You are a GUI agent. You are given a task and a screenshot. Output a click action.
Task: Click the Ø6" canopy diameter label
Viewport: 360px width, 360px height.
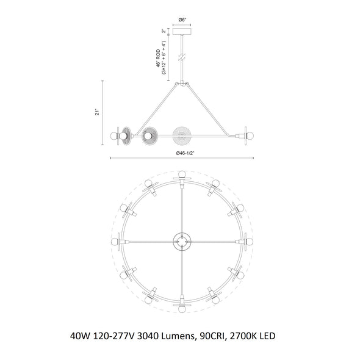[x=182, y=20]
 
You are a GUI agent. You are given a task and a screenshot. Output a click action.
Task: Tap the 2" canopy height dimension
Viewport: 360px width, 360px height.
[x=164, y=31]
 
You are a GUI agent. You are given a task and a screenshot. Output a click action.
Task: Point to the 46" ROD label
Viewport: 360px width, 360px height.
[x=158, y=59]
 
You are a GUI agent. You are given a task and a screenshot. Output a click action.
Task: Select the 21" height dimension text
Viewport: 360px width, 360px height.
[x=98, y=113]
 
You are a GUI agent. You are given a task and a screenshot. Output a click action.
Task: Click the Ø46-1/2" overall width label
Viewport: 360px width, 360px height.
[x=185, y=153]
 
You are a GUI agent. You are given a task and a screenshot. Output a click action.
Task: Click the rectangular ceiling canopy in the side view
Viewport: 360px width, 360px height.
[x=182, y=32]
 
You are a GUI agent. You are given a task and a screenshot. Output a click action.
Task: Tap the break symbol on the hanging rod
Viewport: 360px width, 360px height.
[x=182, y=57]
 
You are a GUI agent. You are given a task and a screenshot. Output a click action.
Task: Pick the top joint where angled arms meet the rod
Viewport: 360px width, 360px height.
[x=182, y=84]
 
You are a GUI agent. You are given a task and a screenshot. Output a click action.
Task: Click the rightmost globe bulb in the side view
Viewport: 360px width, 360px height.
[x=250, y=136]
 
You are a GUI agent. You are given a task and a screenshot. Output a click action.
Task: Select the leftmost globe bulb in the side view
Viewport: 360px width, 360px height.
[x=114, y=136]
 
